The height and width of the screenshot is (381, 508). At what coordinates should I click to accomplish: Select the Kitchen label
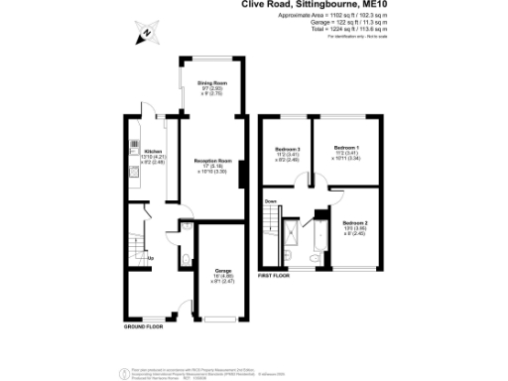(x=139, y=152)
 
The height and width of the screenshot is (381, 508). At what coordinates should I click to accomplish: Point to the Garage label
(x=222, y=269)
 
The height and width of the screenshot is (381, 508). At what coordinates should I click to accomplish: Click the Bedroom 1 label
(x=345, y=146)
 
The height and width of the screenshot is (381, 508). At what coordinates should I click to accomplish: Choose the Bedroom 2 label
(x=355, y=223)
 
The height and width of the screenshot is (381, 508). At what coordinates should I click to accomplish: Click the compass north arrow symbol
(x=145, y=33)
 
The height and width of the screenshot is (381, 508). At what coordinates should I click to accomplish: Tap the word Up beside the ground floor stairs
(x=150, y=260)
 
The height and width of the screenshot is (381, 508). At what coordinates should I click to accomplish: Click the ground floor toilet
(x=188, y=261)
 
